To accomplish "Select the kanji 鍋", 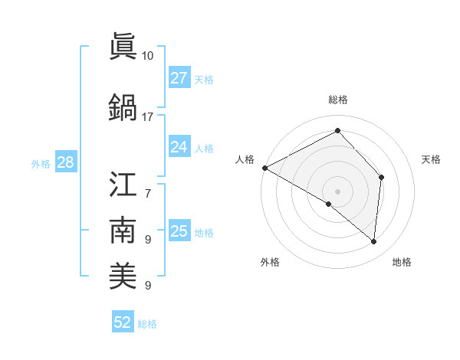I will pyautogui.click(x=123, y=107).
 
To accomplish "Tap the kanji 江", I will pyautogui.click(x=123, y=184).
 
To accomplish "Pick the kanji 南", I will pyautogui.click(x=123, y=230).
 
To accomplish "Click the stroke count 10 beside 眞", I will pyautogui.click(x=148, y=56).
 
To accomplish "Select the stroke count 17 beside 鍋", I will pyautogui.click(x=148, y=117).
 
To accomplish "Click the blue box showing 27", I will pyautogui.click(x=179, y=78).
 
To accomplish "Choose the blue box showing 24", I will pyautogui.click(x=179, y=147).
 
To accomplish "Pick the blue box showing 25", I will pyautogui.click(x=179, y=231).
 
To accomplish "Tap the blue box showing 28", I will pyautogui.click(x=65, y=162).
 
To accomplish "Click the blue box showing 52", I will pyautogui.click(x=123, y=322).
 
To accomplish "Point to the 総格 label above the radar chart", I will pyautogui.click(x=338, y=100).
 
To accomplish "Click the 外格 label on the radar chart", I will pyautogui.click(x=270, y=263).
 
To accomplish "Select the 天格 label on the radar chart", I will pyautogui.click(x=432, y=159).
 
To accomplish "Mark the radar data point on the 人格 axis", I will pyautogui.click(x=264, y=168).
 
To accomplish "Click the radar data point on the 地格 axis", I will pyautogui.click(x=374, y=242).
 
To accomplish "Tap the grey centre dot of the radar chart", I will pyautogui.click(x=338, y=191).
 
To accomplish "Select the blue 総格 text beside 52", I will pyautogui.click(x=148, y=324).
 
